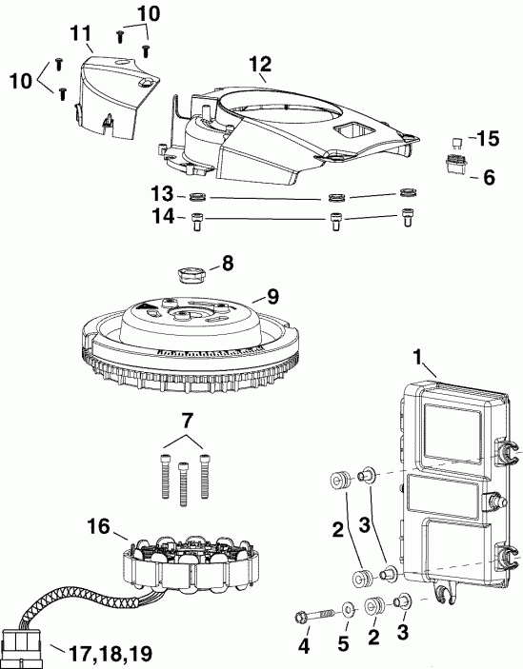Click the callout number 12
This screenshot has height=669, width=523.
260,64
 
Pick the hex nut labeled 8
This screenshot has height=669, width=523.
194,275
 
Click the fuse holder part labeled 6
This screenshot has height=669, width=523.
456,162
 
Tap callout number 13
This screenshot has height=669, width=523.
162,195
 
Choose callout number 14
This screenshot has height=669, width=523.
162,217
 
